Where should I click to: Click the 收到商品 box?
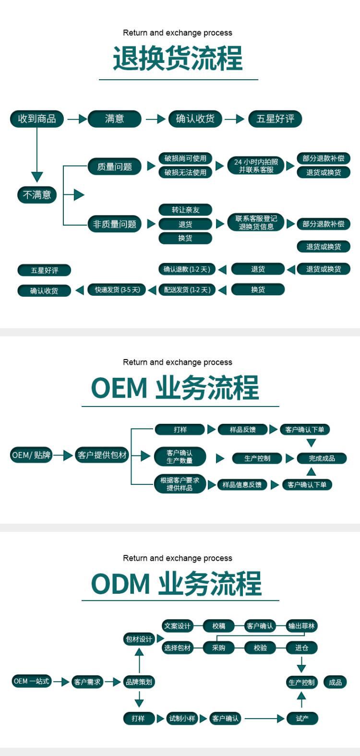pos(37,119)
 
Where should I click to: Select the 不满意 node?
pos(37,195)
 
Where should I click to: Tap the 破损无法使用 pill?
pos(185,172)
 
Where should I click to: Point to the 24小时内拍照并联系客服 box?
pos(256,166)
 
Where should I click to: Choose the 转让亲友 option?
pos(185,210)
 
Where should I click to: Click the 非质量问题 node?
pos(114,224)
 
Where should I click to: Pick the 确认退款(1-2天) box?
pos(187,269)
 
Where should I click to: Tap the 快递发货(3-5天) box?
pos(117,290)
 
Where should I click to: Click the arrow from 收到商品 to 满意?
pos(77,119)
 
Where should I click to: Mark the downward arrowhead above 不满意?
pos(37,177)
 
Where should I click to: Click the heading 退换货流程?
pos(178,59)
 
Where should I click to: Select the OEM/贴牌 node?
pos(31,455)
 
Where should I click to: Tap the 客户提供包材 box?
pos(102,455)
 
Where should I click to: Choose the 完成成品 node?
pos(322,458)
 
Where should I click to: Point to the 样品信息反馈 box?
pos(242,485)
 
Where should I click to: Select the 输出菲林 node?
pos(301,626)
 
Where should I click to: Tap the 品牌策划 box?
pos(139,682)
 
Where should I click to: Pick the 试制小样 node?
pos(182,719)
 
